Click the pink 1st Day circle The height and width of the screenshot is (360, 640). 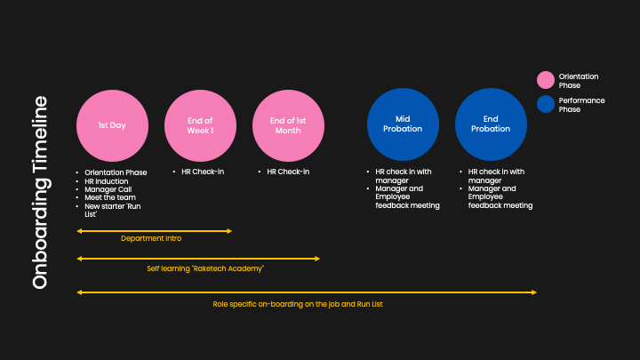coord(112,125)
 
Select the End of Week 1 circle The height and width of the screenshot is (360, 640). coord(200,125)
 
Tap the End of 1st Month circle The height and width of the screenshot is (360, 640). coord(288,125)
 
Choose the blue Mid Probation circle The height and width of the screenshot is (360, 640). coord(403,124)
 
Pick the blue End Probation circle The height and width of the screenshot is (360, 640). coord(491,124)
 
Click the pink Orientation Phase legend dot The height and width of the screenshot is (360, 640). coord(546,80)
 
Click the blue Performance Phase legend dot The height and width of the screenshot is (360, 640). coord(546,104)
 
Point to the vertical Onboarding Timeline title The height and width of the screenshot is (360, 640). coord(40,192)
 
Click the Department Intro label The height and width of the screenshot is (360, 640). coord(151,238)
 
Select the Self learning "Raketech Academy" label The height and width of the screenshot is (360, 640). coord(205,268)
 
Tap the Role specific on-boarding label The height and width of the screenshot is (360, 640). coord(298,304)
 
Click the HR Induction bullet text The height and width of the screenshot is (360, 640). coord(107,181)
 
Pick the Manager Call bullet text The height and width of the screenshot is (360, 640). coord(108,189)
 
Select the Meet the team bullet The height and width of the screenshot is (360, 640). coord(110,197)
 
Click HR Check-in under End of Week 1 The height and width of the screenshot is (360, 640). coord(203,172)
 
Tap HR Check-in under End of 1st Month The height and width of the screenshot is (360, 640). coord(288,172)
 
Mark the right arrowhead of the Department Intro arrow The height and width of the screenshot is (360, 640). coord(230,231)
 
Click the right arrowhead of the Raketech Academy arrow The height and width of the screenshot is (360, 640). coord(317,259)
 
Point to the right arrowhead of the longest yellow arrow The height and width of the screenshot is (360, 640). coord(534,292)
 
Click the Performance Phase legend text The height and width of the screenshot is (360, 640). coord(581,105)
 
